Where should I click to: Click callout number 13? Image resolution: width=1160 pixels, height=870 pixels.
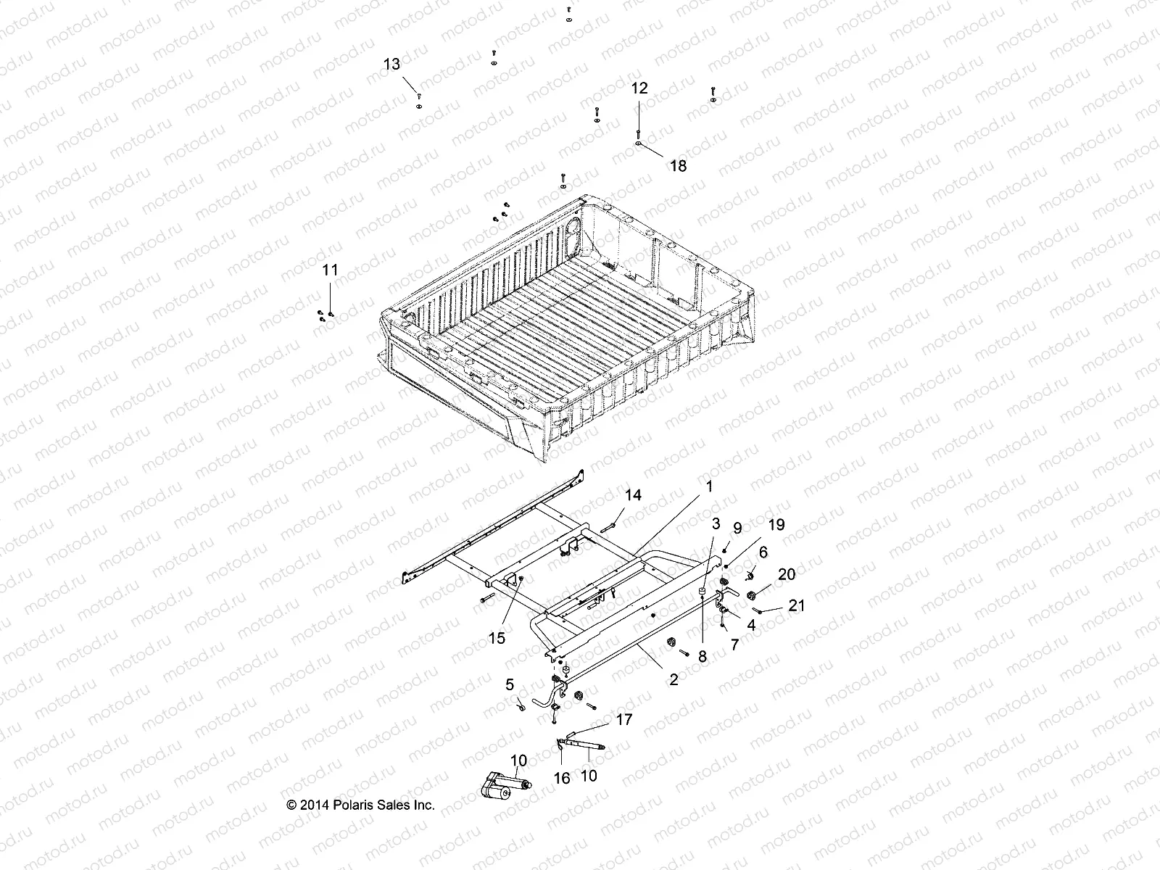pyautogui.click(x=391, y=65)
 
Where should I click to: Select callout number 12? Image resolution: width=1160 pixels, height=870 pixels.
pyautogui.click(x=639, y=88)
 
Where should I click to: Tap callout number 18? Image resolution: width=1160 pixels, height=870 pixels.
pyautogui.click(x=678, y=166)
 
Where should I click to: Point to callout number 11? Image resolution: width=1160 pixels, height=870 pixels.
pyautogui.click(x=330, y=270)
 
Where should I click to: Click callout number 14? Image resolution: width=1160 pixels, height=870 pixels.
pyautogui.click(x=633, y=496)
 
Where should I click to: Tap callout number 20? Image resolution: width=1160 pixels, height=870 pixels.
pyautogui.click(x=786, y=575)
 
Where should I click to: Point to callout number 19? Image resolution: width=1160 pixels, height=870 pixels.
pyautogui.click(x=776, y=525)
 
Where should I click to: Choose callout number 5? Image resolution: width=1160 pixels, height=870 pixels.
pyautogui.click(x=510, y=684)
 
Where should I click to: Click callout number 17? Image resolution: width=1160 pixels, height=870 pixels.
pyautogui.click(x=623, y=720)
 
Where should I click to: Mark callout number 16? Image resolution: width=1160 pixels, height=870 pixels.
pyautogui.click(x=562, y=778)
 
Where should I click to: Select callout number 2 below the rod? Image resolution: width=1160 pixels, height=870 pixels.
pyautogui.click(x=674, y=679)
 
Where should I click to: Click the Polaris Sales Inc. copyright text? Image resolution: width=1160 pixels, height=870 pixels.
pyautogui.click(x=361, y=805)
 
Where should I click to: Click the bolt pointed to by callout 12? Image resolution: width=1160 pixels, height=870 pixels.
pyautogui.click(x=638, y=135)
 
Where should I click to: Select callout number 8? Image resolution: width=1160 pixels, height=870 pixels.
pyautogui.click(x=702, y=656)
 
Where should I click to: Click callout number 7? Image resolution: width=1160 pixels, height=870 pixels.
pyautogui.click(x=734, y=645)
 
